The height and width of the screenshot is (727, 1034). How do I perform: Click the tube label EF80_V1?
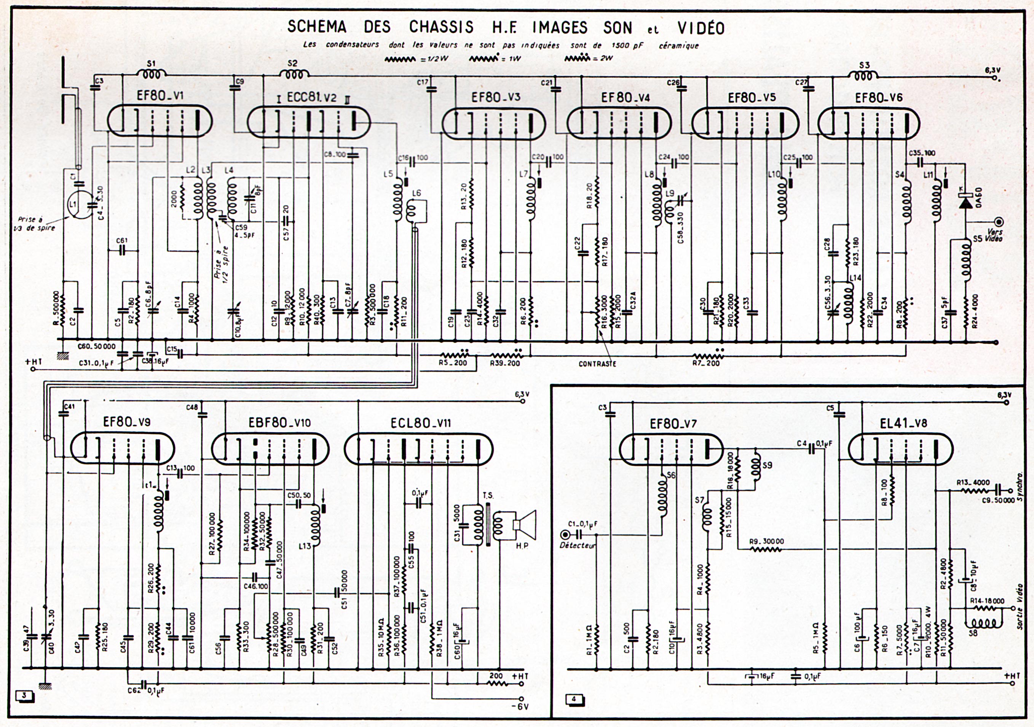click(160, 96)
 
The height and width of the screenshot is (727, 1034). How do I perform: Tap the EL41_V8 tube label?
click(903, 423)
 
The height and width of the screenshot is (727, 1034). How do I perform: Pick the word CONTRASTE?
click(597, 363)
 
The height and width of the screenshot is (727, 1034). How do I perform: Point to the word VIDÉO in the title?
click(701, 28)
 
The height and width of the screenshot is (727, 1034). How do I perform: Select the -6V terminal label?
click(520, 706)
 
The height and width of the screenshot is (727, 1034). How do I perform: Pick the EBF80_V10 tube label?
click(279, 423)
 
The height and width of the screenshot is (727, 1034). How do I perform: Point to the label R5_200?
click(453, 363)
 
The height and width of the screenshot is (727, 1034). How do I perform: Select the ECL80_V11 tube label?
click(421, 423)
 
